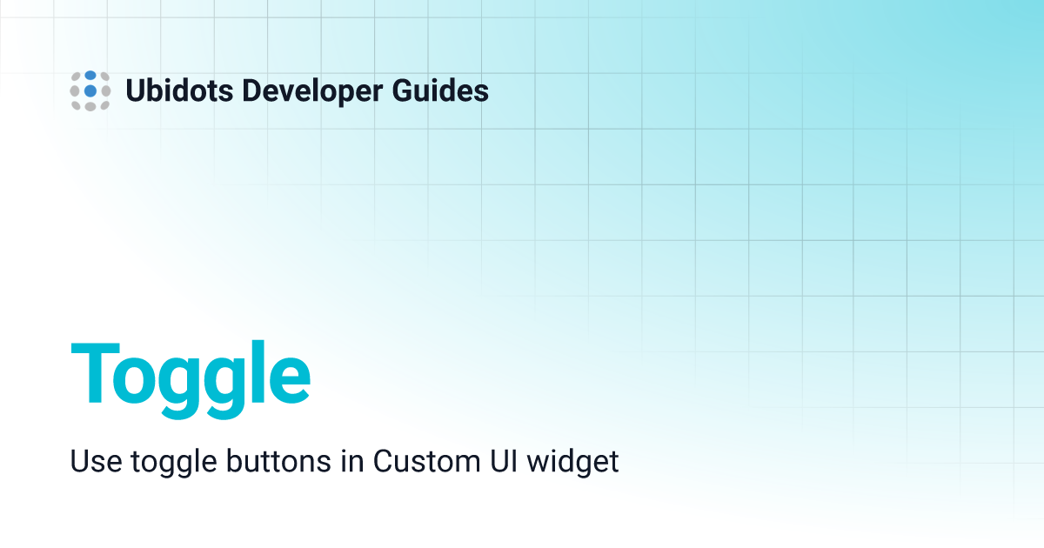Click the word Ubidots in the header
[179, 90]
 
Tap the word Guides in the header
[440, 90]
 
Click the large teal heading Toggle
[191, 379]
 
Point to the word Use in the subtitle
[96, 461]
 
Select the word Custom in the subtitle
[426, 461]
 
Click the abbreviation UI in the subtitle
[504, 461]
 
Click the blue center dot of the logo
[90, 90]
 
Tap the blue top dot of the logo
[90, 76]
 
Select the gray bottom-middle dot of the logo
[90, 107]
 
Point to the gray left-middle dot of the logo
[75, 90]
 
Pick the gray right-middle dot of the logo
[106, 90]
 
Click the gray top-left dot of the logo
[77, 77]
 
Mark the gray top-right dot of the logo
[105, 77]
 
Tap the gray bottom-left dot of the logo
[77, 105]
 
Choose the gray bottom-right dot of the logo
[105, 105]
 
